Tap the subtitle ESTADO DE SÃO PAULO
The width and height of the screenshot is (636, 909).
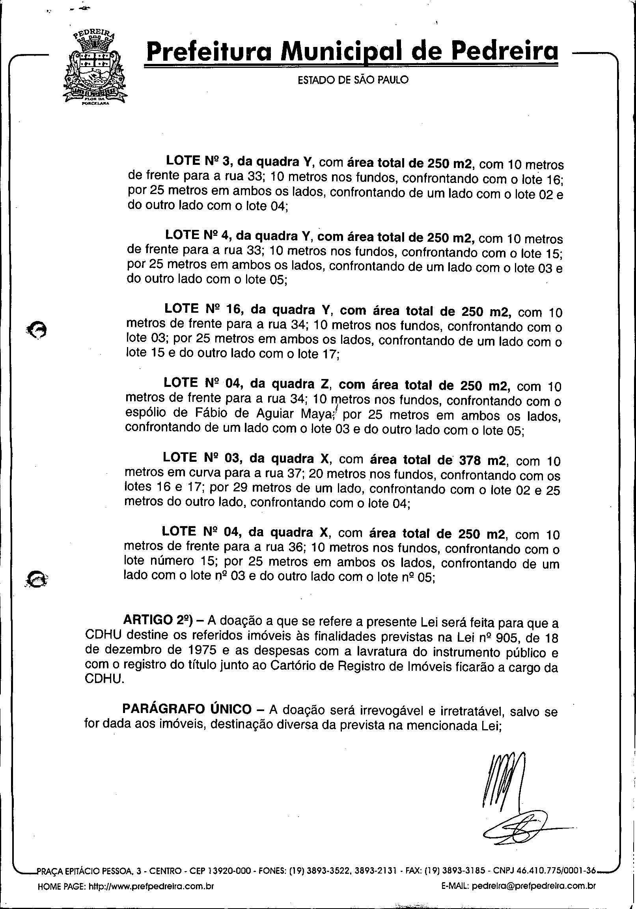pyautogui.click(x=353, y=80)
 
